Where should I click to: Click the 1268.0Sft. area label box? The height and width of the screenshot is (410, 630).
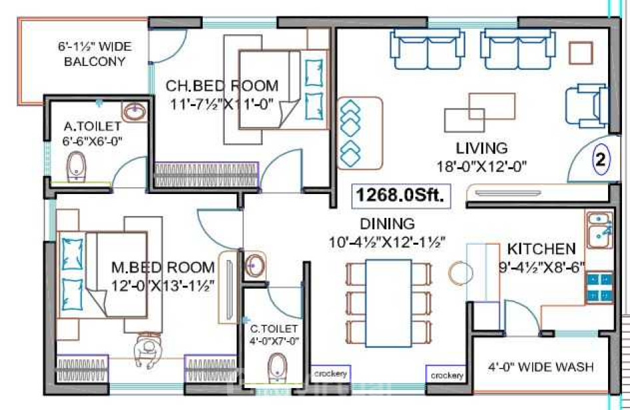(x=401, y=196)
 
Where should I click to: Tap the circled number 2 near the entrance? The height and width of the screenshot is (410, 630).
(x=601, y=159)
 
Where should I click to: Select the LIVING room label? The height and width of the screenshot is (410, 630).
(x=481, y=148)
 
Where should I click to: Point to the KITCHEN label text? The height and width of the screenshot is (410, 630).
(x=541, y=249)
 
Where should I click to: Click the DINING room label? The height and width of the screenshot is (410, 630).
(x=387, y=224)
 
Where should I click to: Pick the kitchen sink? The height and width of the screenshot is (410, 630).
(x=599, y=230)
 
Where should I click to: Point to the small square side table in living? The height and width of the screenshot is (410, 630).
(x=581, y=53)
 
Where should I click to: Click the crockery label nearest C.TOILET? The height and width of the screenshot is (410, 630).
(x=330, y=374)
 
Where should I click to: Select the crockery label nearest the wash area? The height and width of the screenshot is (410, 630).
(x=447, y=375)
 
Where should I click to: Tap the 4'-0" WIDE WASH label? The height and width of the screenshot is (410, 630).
(x=541, y=367)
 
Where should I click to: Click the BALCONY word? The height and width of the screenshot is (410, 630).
(x=95, y=61)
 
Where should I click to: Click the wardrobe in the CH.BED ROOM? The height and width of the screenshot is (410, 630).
(x=207, y=175)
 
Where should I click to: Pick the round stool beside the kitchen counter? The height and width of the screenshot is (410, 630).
(x=461, y=273)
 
